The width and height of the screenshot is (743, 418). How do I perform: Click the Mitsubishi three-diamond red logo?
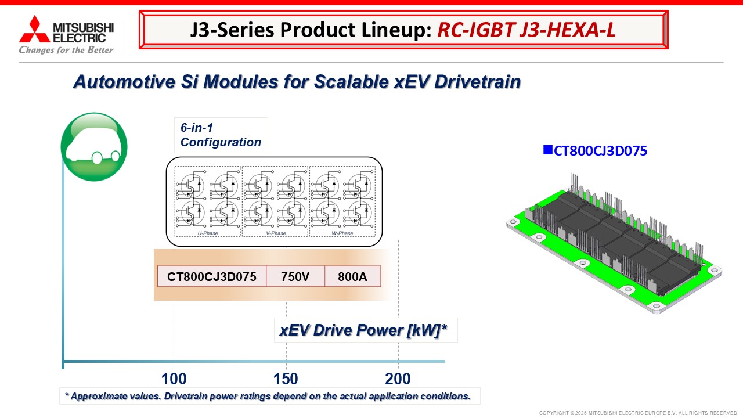34,29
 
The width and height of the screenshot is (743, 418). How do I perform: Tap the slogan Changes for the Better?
66,50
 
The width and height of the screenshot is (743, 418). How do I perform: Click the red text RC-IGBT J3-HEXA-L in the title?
526,30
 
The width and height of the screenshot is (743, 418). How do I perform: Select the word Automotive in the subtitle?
124,82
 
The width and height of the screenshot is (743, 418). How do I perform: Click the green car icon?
94,147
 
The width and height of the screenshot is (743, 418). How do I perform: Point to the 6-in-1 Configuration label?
221,135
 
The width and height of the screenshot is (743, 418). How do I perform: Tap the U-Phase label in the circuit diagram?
208,233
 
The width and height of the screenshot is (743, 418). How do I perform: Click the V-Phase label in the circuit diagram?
276,233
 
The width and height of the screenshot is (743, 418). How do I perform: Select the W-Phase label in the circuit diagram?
342,233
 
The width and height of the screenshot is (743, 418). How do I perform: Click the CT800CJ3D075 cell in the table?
212,276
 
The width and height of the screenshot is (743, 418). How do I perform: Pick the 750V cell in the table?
295,276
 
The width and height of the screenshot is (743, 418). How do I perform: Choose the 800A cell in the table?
352,276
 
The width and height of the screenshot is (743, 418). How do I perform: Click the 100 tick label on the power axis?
174,379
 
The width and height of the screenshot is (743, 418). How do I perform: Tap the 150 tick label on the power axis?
286,379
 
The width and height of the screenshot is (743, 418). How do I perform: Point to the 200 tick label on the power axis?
398,379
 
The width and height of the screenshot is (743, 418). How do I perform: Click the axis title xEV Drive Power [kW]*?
363,330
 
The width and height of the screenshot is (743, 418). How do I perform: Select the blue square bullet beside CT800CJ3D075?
547,150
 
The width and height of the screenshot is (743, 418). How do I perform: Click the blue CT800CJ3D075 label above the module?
600,151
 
